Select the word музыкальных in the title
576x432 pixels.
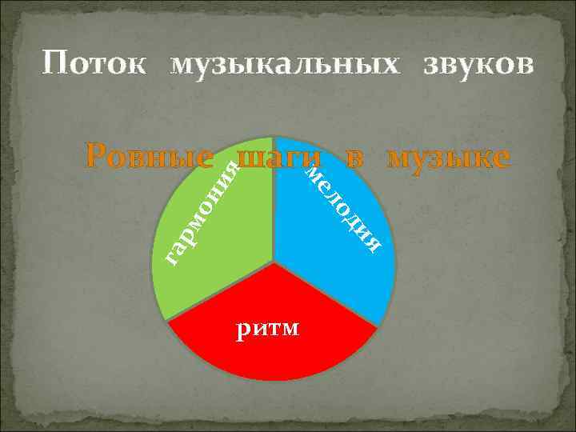[282, 64]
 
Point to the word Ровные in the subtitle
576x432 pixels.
[150, 157]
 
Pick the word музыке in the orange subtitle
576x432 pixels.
[448, 158]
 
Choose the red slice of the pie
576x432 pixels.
[272, 352]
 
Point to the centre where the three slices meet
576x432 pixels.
[274, 262]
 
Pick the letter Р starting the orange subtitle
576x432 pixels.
[98, 157]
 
